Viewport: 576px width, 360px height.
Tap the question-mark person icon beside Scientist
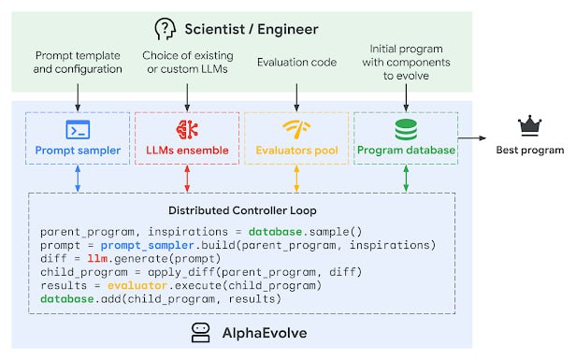coord(165,28)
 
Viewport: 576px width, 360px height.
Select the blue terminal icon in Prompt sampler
coord(77,130)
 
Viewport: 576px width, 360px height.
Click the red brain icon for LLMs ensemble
coord(187,130)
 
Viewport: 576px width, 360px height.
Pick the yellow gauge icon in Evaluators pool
coord(296,130)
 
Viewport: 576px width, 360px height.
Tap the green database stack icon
coord(405,129)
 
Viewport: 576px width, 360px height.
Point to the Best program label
coord(530,150)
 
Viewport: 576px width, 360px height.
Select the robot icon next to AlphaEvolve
coord(200,331)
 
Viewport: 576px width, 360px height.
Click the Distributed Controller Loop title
coord(242,209)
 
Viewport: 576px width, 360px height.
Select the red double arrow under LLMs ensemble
coord(187,180)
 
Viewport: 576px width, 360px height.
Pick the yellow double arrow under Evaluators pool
coord(296,180)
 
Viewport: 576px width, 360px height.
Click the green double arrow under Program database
coord(405,180)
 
